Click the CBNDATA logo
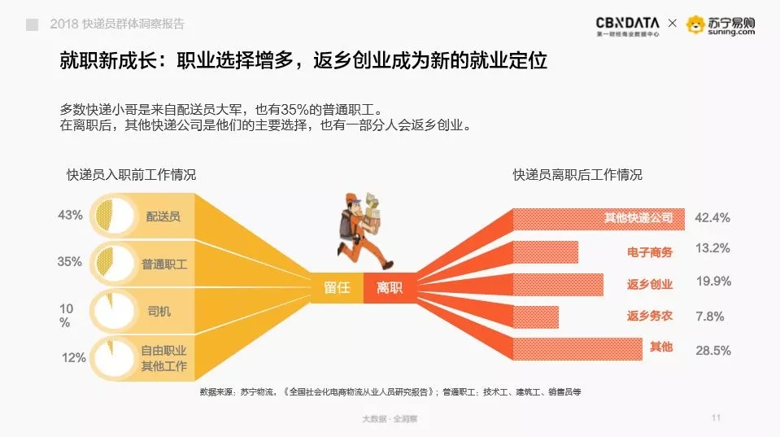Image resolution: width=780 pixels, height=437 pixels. click(627, 26)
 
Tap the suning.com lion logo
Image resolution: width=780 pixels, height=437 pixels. click(695, 24)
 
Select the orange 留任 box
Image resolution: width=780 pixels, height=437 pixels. click(337, 288)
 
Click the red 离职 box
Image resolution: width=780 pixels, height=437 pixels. click(390, 288)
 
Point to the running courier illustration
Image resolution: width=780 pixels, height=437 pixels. click(362, 230)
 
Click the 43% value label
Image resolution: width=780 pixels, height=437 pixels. click(70, 215)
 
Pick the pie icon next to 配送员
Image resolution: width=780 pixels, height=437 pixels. click(115, 216)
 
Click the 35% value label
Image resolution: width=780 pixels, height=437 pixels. click(70, 262)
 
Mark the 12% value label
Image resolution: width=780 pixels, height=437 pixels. click(74, 357)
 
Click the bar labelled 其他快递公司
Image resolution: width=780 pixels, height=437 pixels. click(599, 220)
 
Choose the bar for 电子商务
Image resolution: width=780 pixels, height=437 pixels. click(545, 251)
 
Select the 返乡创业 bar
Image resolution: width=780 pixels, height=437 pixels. click(558, 285)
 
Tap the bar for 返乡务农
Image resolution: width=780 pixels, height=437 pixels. click(535, 317)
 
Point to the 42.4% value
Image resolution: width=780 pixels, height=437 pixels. click(712, 217)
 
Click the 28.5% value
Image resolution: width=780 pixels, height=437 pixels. click(713, 351)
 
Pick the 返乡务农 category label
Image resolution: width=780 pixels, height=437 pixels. click(650, 316)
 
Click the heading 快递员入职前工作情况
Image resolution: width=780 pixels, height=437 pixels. click(131, 175)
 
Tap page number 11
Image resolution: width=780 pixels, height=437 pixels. click(717, 417)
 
